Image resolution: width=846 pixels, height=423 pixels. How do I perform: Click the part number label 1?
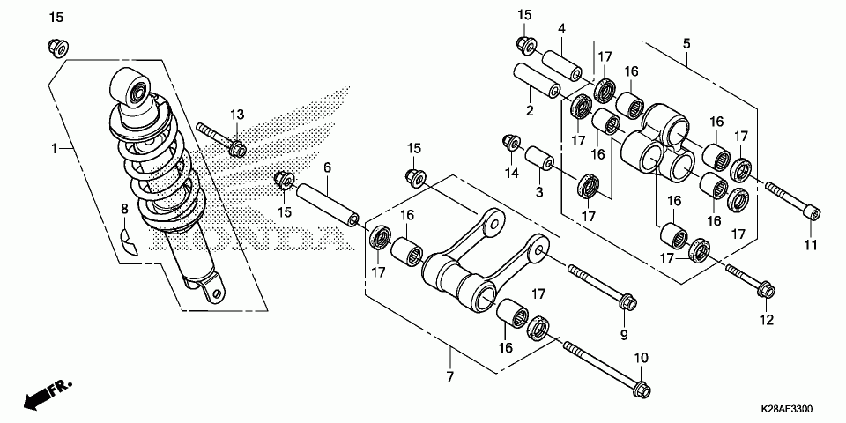[x=54, y=148]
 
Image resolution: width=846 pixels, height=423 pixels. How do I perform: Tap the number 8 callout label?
[x=124, y=208]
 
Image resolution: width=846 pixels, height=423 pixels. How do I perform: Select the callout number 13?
[x=237, y=115]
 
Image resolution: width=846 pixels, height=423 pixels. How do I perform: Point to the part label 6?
[x=328, y=167]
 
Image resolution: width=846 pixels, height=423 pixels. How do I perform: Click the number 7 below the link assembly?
[x=450, y=375]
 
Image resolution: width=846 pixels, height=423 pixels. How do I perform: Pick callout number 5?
[x=686, y=44]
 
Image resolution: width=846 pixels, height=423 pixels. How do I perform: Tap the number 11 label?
[x=811, y=245]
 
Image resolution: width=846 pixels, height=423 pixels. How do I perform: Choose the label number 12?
[x=766, y=320]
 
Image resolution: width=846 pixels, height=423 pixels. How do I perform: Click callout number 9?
[x=624, y=336]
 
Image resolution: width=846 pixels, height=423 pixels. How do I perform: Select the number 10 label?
[x=641, y=359]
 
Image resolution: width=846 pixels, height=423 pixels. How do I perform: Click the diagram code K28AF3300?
[x=787, y=409]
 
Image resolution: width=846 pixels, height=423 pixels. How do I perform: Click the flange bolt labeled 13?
[x=221, y=139]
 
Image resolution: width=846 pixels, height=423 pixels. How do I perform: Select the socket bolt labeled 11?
[x=792, y=200]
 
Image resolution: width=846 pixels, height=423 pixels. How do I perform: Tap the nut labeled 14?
[x=511, y=143]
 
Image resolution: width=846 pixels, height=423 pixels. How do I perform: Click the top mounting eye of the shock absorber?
[x=131, y=87]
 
